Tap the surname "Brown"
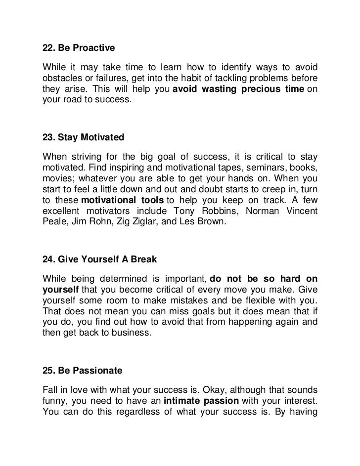click(x=212, y=222)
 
